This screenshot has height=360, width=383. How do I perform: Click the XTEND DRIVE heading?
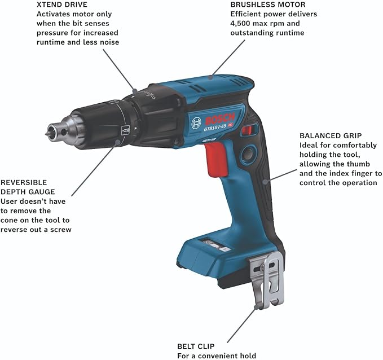point(62,5)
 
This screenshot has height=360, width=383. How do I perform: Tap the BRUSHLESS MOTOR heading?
point(268,5)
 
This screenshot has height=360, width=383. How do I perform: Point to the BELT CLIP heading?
point(196,346)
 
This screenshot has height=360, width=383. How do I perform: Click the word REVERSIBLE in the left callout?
point(24,183)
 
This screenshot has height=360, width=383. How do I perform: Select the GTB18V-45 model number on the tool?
point(215,128)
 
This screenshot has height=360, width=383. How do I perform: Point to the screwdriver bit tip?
point(47,134)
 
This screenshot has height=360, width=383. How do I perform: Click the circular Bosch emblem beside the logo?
point(196,122)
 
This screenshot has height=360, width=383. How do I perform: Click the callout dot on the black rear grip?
point(265,182)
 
